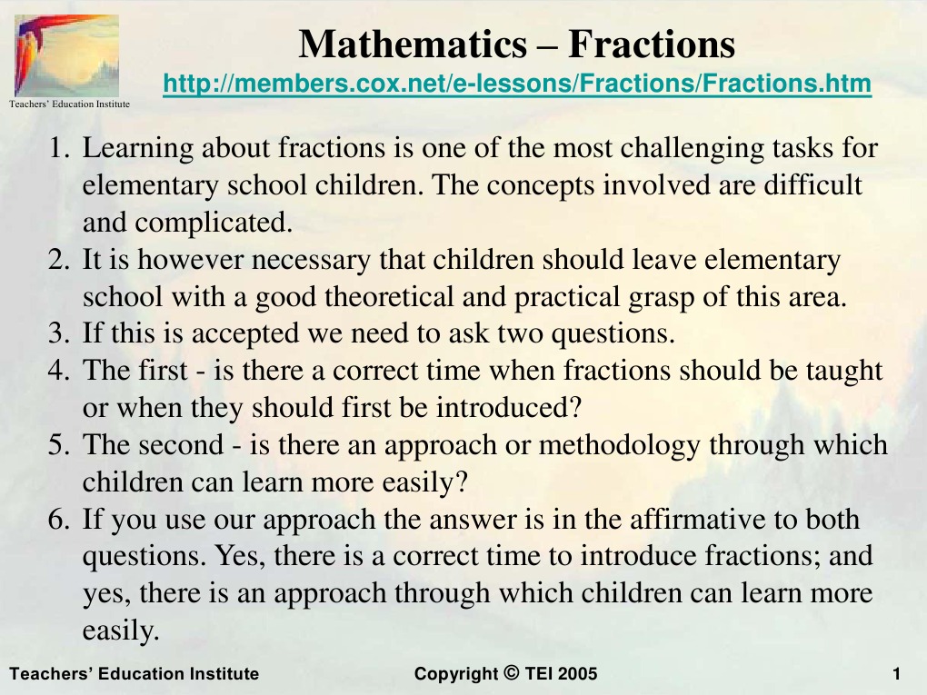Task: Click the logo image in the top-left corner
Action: [x=66, y=55]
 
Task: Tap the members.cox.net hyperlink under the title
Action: [x=517, y=84]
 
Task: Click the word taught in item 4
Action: [x=842, y=371]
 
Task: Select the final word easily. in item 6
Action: [x=121, y=631]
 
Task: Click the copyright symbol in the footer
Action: [x=510, y=673]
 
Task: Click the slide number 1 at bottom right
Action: [x=896, y=674]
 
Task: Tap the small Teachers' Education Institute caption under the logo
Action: [x=69, y=104]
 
